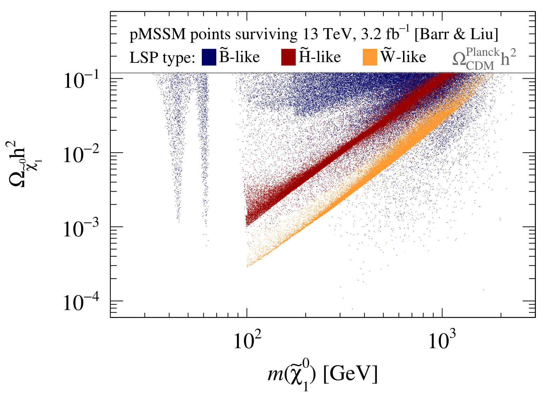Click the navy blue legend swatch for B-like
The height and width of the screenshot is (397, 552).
[x=209, y=57]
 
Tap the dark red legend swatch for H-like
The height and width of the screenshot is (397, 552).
[x=288, y=57]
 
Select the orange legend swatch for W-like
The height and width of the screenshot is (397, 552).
[x=370, y=57]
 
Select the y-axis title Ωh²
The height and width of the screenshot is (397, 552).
[x=22, y=161]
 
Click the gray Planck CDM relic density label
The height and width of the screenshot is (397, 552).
[x=484, y=58]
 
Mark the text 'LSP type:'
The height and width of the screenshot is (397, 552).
[x=162, y=58]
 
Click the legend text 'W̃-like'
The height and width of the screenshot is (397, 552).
[x=403, y=57]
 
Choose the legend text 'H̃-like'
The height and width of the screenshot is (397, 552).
[x=320, y=57]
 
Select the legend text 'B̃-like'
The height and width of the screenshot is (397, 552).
[x=240, y=57]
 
